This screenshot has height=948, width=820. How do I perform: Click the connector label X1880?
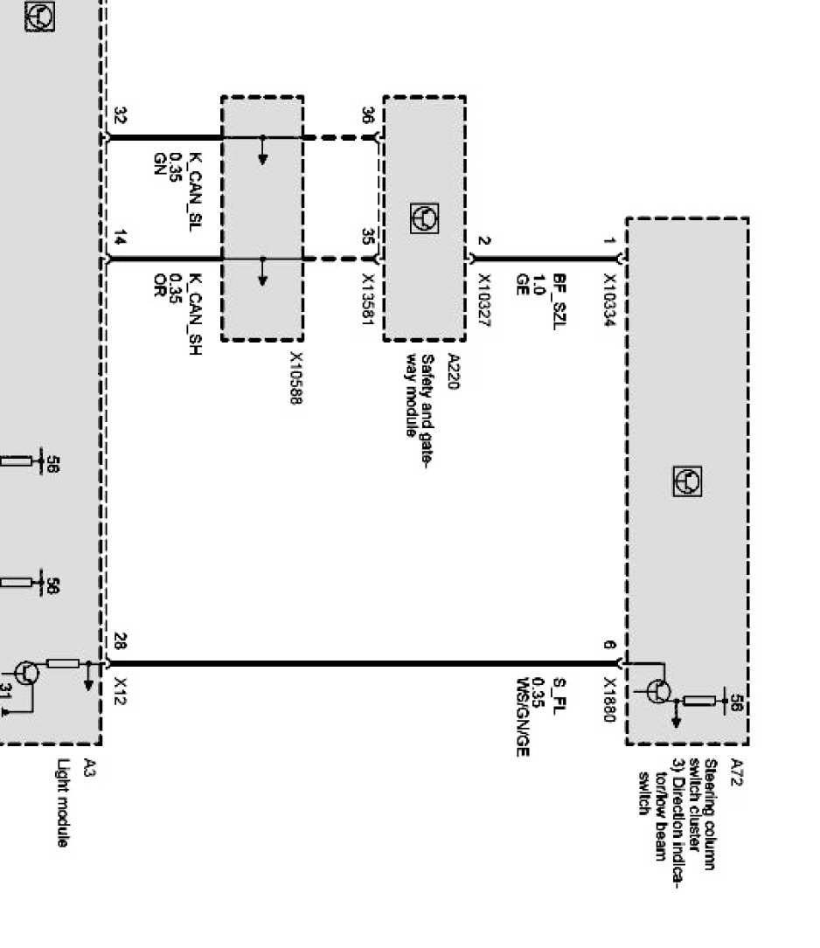pyautogui.click(x=609, y=702)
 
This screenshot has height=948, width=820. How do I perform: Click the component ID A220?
pyautogui.click(x=452, y=371)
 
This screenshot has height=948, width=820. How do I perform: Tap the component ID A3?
pyautogui.click(x=89, y=769)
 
